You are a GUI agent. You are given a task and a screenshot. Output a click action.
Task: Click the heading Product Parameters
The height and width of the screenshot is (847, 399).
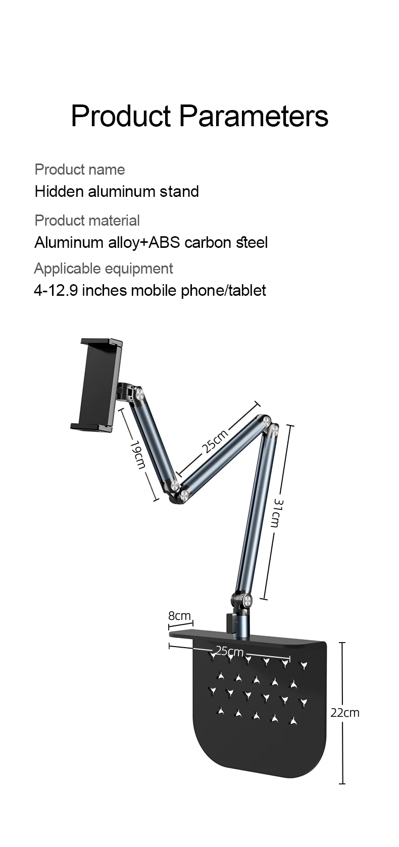pos(199,116)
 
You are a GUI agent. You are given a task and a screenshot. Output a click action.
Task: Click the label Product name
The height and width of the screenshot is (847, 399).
pos(79,170)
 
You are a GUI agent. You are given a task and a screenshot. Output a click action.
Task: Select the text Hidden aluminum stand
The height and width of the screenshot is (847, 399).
pos(117,191)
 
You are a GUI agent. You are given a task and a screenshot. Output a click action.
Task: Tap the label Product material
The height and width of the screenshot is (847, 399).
pos(87,221)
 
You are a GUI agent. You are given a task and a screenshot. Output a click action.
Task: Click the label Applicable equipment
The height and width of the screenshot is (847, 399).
pos(103,269)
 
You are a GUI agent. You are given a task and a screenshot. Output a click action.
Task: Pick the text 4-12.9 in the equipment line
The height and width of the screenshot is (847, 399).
pos(56,290)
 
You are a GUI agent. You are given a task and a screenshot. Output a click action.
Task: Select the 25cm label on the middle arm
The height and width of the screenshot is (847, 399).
pos(215,441)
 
